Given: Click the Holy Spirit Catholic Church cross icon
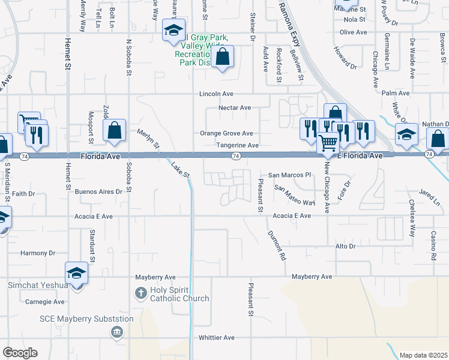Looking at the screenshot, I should point(140,293).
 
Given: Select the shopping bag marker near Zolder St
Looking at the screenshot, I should point(114,130).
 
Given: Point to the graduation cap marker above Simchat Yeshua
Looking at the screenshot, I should point(77,274).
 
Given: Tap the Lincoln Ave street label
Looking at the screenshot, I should point(217,94).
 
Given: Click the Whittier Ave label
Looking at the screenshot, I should point(217,338).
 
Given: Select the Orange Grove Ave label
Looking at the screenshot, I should point(226,133).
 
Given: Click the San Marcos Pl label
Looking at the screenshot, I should point(291,175).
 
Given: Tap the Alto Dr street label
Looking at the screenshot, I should point(345,247).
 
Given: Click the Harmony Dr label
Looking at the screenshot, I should point(38,253).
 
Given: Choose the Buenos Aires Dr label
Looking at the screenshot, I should point(99,192).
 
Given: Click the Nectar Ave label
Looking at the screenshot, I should point(234,107).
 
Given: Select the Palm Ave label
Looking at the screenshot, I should point(395,94).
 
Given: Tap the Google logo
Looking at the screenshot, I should point(20,353).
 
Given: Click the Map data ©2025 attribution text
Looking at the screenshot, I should point(423,355).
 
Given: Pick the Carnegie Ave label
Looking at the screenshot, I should point(46,302).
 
